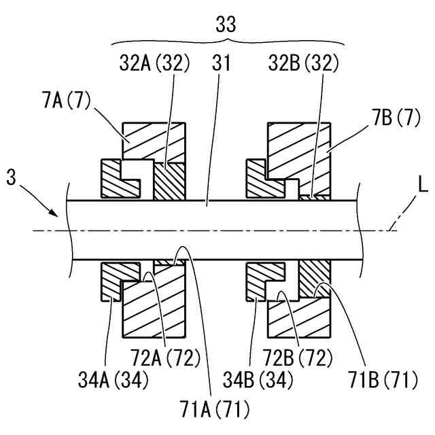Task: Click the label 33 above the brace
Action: point(226,25)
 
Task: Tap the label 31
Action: point(222,65)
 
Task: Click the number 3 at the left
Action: point(11,179)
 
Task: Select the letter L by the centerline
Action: point(423,185)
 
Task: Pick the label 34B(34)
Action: point(262,379)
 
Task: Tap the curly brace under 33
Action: point(226,42)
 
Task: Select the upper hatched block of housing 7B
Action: point(299,150)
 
